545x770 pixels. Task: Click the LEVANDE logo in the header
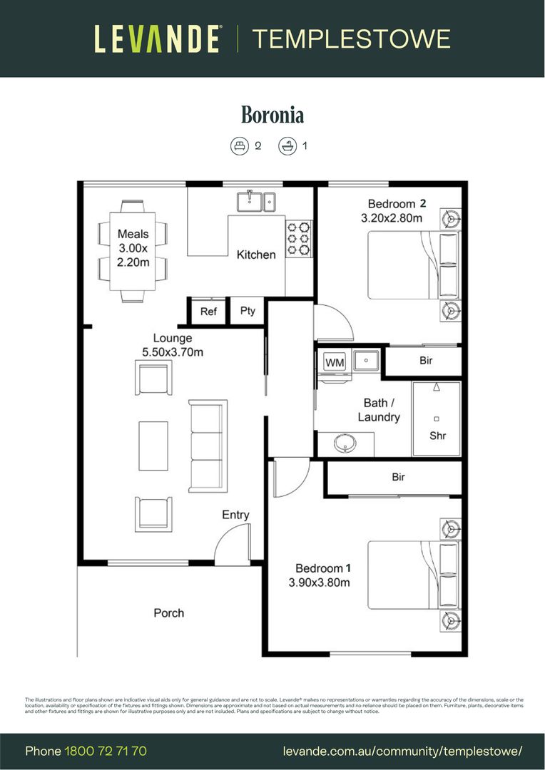point(157,38)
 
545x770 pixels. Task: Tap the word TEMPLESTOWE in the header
point(351,38)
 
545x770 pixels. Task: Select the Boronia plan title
point(272,114)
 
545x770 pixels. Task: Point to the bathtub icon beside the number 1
point(287,146)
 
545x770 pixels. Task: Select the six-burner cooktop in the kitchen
point(300,237)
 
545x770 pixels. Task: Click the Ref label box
point(208,312)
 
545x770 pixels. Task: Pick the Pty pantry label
point(248,312)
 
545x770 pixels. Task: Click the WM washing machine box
point(335,362)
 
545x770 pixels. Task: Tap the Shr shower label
point(437,436)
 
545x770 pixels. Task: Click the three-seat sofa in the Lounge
point(207,446)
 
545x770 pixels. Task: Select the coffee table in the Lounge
point(153,446)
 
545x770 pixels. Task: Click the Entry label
point(235,515)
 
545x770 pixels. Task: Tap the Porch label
point(169,612)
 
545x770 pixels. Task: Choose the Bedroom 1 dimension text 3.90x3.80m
point(319,582)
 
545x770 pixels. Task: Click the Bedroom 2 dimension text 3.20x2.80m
point(392,218)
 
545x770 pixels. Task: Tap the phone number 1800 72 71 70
point(106,751)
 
